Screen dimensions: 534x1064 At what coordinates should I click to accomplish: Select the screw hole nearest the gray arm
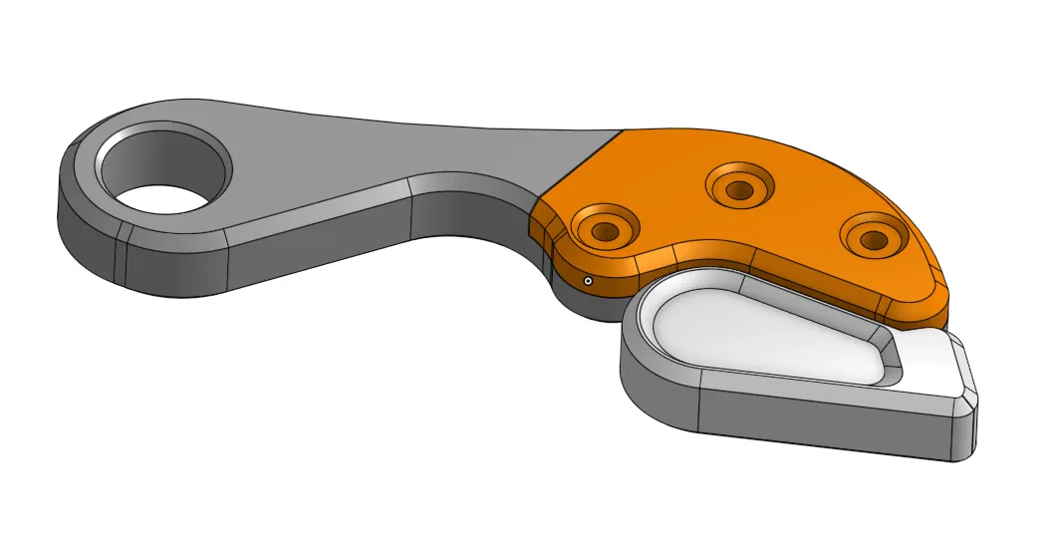pyautogui.click(x=602, y=230)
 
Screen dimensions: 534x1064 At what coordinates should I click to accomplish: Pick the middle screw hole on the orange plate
pyautogui.click(x=737, y=188)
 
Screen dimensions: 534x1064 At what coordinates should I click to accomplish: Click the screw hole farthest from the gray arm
pyautogui.click(x=872, y=239)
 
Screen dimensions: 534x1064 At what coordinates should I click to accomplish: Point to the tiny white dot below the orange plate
pyautogui.click(x=588, y=282)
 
